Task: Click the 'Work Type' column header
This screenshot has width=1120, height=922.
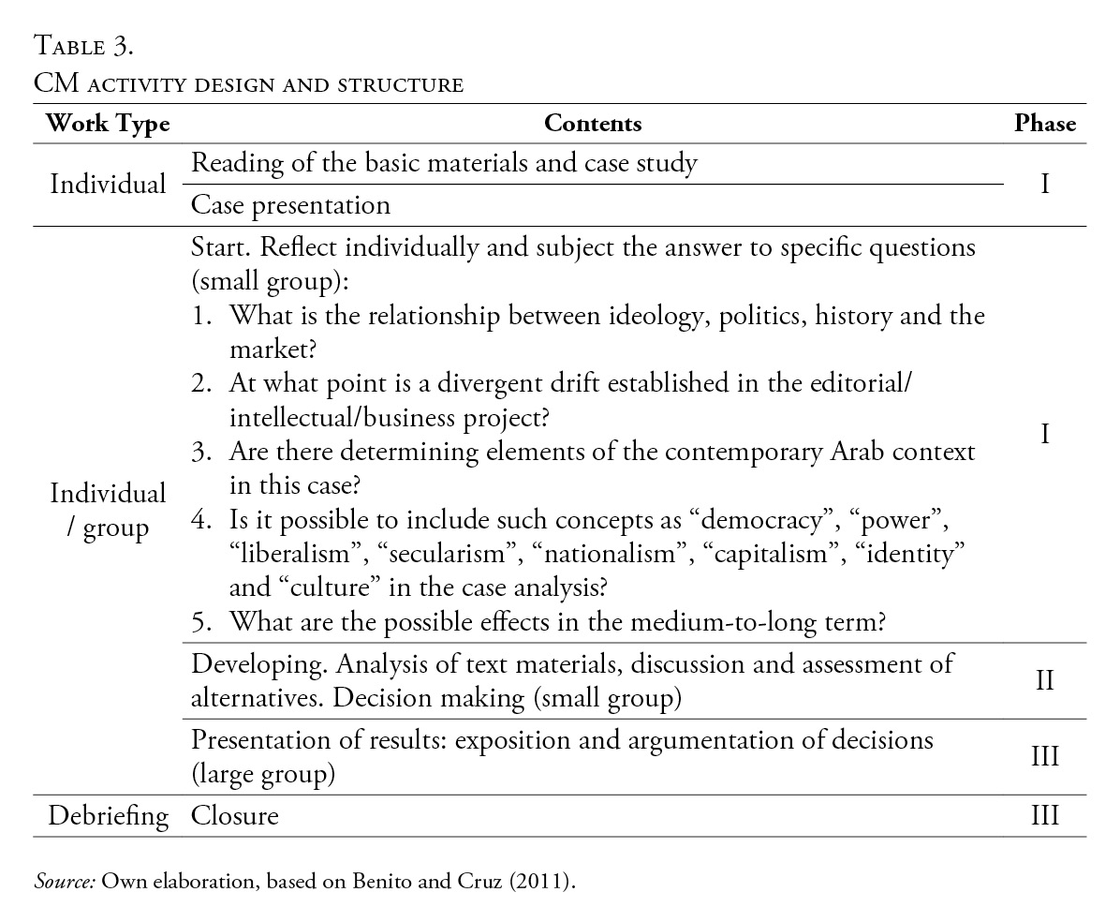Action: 108,124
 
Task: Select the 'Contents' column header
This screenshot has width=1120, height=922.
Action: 593,124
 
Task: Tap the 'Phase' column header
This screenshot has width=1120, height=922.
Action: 1045,124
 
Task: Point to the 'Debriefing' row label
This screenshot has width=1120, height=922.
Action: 109,816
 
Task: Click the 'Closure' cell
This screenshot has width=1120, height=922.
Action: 235,816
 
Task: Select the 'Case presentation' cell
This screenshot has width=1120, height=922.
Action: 290,204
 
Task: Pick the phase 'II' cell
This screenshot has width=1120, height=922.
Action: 1045,680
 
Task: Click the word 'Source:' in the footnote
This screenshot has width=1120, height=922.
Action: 65,882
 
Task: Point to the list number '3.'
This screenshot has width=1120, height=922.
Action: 203,453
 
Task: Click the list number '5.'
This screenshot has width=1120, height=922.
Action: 203,621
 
